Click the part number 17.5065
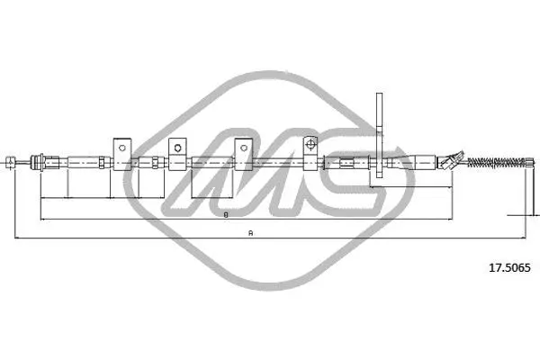point(508,267)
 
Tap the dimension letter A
point(251,234)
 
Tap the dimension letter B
point(226,215)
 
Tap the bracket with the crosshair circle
point(310,149)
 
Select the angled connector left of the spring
point(447,162)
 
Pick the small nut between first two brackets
point(156,163)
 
